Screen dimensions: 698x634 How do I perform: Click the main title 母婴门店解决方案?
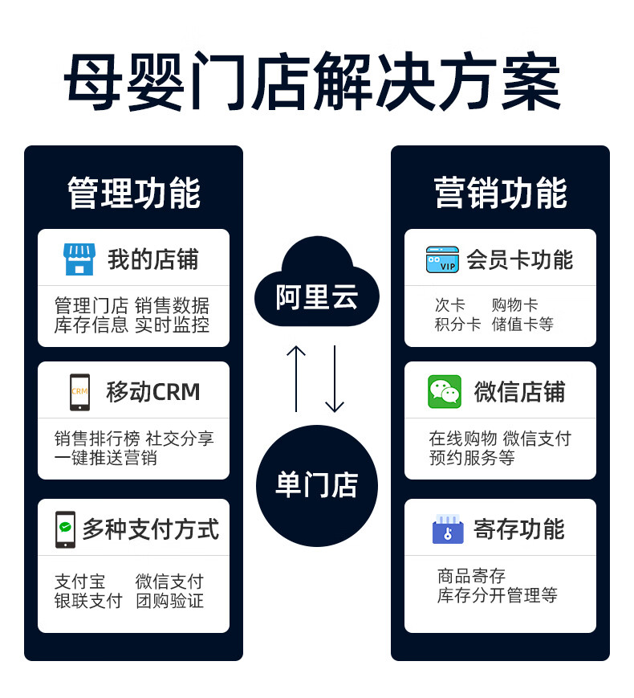pos(312,83)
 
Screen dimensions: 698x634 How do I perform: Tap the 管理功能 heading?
pos(133,193)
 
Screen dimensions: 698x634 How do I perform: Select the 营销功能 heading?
pos(500,193)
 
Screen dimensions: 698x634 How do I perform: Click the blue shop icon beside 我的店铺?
pos(79,259)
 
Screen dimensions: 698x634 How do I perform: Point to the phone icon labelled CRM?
pos(79,392)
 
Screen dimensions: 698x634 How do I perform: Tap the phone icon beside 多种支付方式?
pos(65,529)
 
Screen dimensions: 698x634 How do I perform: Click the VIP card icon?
pos(442,259)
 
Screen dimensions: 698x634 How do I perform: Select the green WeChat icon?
pos(445,392)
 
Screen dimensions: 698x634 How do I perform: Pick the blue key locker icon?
pos(448,529)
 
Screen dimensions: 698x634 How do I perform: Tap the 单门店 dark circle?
pos(316,485)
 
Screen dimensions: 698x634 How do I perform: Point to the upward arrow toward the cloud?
pos(296,378)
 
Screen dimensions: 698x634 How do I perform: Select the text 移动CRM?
pos(153,392)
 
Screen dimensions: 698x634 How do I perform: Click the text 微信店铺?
pos(519,392)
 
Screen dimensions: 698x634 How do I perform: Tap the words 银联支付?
pos(88,601)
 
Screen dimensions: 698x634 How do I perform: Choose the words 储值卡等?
pos(522,325)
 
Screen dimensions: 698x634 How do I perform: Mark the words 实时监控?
pos(172,325)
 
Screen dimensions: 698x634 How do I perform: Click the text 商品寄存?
pos(471,576)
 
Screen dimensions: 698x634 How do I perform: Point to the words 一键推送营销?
pos(106,458)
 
